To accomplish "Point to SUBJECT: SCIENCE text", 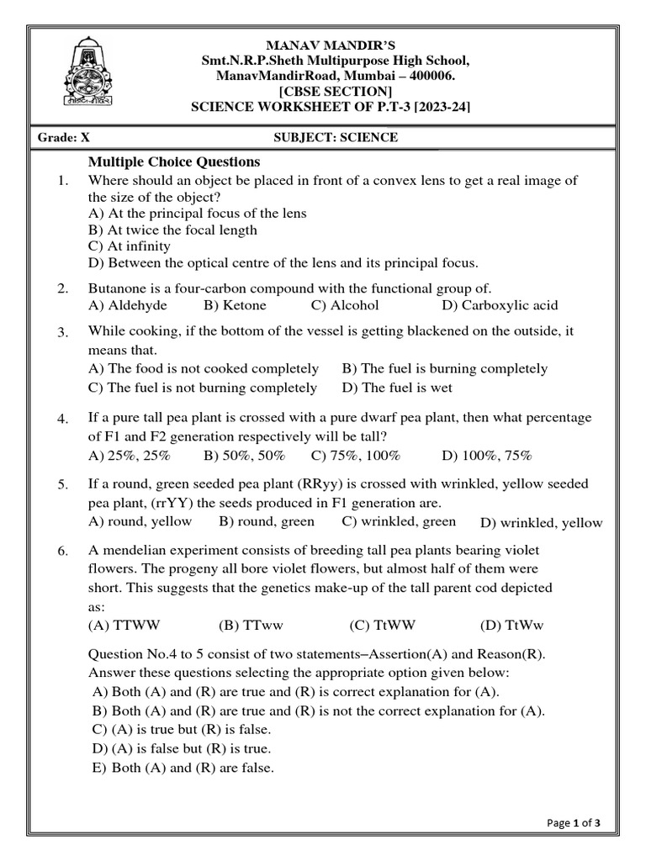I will pos(336,137).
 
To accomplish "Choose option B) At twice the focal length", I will pos(172,230).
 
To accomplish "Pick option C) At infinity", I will pos(129,246).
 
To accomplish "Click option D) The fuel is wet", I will pos(397,388).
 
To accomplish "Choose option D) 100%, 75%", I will pos(486,456).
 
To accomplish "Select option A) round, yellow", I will pos(140,521).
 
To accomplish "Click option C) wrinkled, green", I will pos(399,521).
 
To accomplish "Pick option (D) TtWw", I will pos(512,626).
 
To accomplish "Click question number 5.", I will pos(63,485).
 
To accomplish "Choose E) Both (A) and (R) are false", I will pos(182,768).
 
